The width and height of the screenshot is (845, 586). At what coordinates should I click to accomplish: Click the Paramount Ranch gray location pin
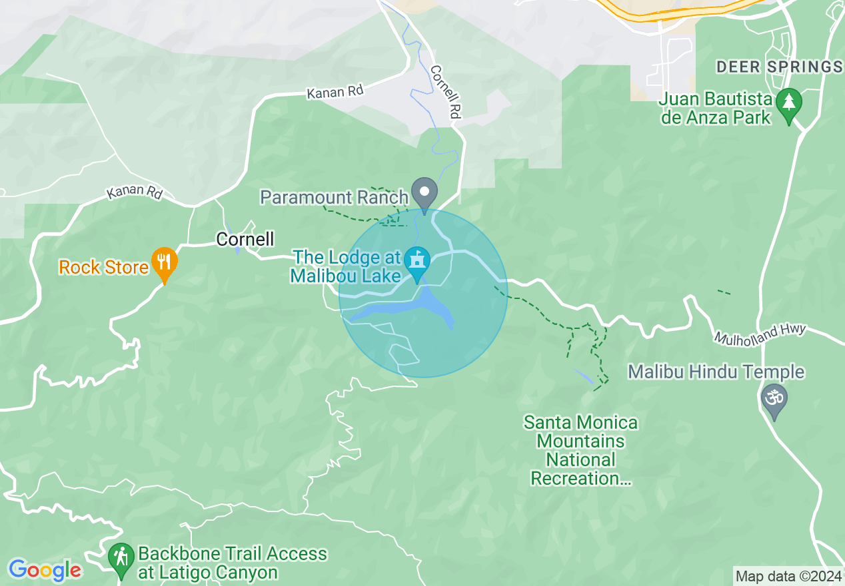pyautogui.click(x=424, y=192)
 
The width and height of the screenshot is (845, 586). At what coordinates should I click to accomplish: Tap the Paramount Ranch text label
pyautogui.click(x=334, y=197)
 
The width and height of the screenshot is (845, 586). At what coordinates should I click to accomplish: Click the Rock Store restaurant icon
pyautogui.click(x=163, y=262)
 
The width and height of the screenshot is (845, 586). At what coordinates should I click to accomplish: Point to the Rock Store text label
pyautogui.click(x=103, y=268)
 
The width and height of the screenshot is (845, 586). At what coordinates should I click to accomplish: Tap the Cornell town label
pyautogui.click(x=245, y=239)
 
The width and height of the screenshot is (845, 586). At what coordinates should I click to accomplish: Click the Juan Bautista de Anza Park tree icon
pyautogui.click(x=789, y=103)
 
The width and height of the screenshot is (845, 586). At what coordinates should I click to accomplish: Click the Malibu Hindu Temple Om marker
pyautogui.click(x=774, y=399)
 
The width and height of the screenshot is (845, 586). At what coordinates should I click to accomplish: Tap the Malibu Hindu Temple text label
pyautogui.click(x=716, y=372)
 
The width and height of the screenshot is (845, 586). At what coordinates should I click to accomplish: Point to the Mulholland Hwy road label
pyautogui.click(x=760, y=334)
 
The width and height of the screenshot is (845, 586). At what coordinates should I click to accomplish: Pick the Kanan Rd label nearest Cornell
pyautogui.click(x=135, y=192)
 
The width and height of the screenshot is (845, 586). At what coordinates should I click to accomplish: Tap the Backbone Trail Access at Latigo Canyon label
pyautogui.click(x=232, y=563)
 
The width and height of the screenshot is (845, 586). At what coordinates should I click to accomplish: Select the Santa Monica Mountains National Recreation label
pyautogui.click(x=580, y=450)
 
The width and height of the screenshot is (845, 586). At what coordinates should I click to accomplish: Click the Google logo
pyautogui.click(x=45, y=570)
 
